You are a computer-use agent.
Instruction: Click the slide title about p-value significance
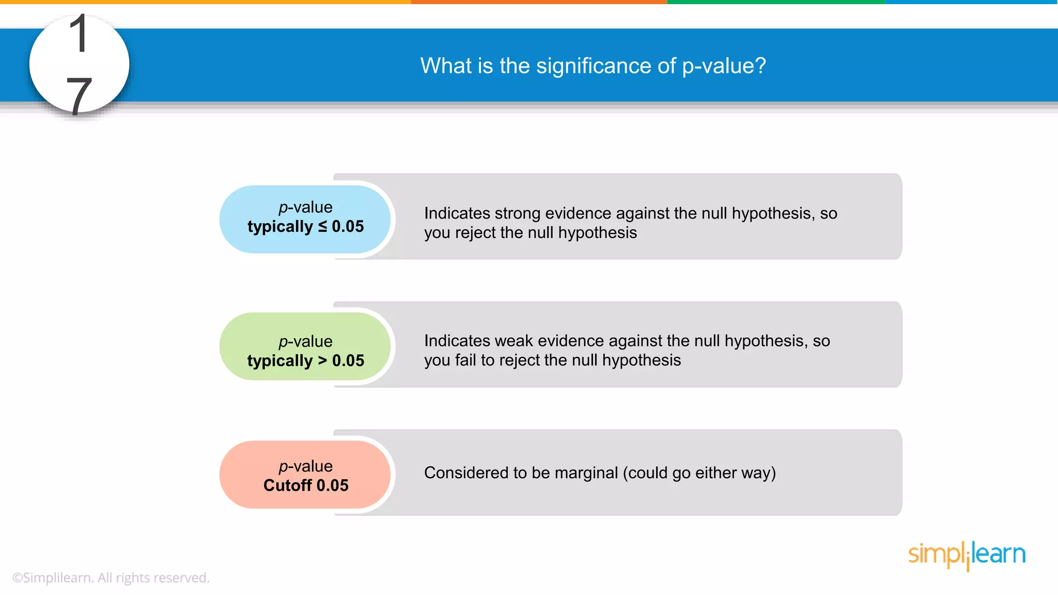tap(593, 66)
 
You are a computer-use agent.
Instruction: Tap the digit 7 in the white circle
tap(79, 95)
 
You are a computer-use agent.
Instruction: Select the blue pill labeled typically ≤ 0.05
tap(305, 218)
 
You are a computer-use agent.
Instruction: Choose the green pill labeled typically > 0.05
tap(305, 347)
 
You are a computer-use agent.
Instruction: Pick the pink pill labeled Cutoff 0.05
tap(305, 475)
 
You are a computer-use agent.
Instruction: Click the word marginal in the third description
tap(586, 473)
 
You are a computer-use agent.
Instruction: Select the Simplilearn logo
tap(967, 555)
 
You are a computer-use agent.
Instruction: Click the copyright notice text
tap(111, 577)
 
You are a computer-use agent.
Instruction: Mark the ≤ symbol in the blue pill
tap(322, 226)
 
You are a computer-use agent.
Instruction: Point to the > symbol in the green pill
tap(322, 361)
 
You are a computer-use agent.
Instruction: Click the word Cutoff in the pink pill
tap(288, 486)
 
